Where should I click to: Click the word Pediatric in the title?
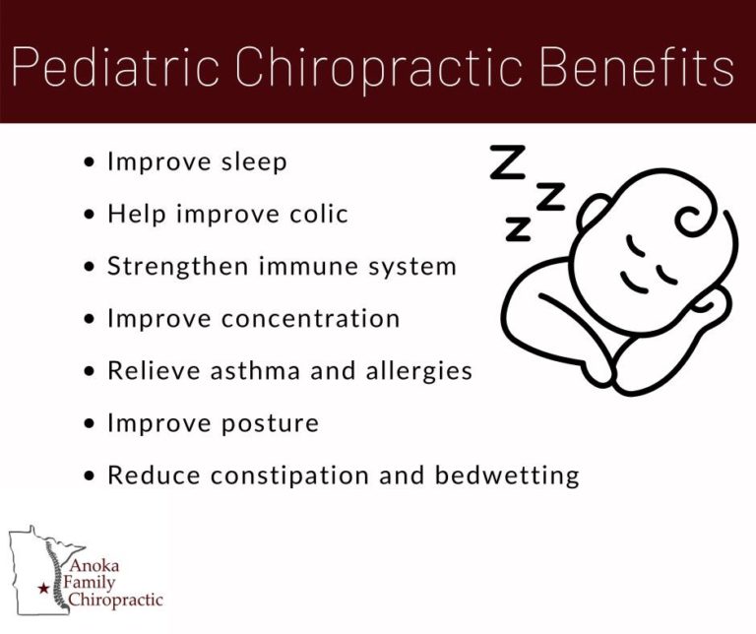(x=115, y=67)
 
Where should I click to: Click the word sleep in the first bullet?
(x=254, y=162)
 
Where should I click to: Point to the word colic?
(x=319, y=214)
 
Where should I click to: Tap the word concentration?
(x=310, y=319)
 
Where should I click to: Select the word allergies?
(x=419, y=372)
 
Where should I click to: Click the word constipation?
(x=290, y=476)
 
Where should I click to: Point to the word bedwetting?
(x=507, y=476)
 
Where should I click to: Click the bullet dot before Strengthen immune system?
(x=90, y=267)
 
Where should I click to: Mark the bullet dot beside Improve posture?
(x=90, y=423)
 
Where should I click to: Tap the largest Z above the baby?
(x=508, y=162)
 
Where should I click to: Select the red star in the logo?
(x=43, y=588)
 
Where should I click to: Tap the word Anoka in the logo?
(x=95, y=565)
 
